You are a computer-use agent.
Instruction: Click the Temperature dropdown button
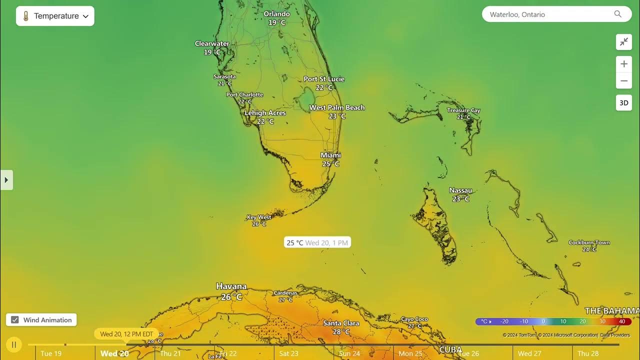pyautogui.click(x=55, y=16)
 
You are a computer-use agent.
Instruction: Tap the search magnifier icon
pyautogui.click(x=618, y=14)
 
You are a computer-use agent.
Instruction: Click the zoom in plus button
pyautogui.click(x=624, y=64)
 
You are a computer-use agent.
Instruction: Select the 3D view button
pyautogui.click(x=624, y=103)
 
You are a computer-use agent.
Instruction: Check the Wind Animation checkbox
pyautogui.click(x=15, y=320)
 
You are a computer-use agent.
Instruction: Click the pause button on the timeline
pyautogui.click(x=14, y=344)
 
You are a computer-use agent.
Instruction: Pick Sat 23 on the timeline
pyautogui.click(x=288, y=353)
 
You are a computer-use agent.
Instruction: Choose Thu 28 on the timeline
pyautogui.click(x=588, y=353)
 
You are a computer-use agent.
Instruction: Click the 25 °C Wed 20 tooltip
pyautogui.click(x=317, y=242)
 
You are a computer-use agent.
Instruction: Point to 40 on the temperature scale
pyautogui.click(x=622, y=321)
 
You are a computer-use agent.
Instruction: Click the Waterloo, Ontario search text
pyautogui.click(x=517, y=14)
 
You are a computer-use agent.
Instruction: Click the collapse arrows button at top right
pyautogui.click(x=624, y=42)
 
